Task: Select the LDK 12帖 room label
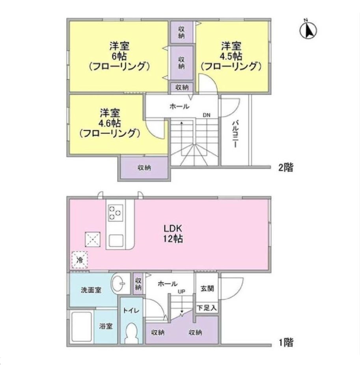pyautogui.click(x=173, y=234)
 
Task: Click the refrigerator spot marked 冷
pyautogui.click(x=79, y=260)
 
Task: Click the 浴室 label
pyautogui.click(x=106, y=327)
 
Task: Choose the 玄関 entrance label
pyautogui.click(x=207, y=289)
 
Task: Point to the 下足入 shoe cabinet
pyautogui.click(x=207, y=307)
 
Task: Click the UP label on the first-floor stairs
pyautogui.click(x=182, y=292)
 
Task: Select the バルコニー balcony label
pyautogui.click(x=235, y=134)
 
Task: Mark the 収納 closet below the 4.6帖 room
pyautogui.click(x=144, y=168)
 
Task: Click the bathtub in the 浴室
pyautogui.click(x=82, y=327)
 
